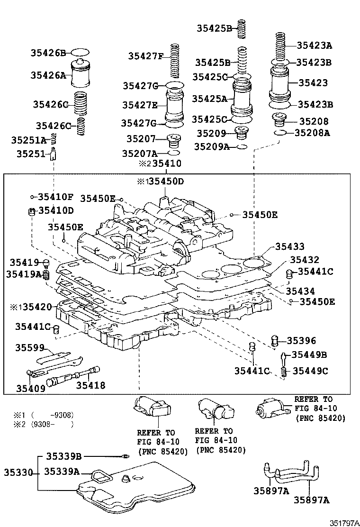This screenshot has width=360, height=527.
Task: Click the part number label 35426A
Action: tap(48, 74)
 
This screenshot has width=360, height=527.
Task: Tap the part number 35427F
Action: tap(145, 56)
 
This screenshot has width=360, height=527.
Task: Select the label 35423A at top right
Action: tap(315, 45)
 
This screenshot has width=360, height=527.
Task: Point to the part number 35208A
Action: tap(312, 133)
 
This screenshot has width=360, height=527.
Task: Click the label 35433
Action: tap(289, 247)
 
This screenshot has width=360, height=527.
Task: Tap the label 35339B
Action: tap(63, 456)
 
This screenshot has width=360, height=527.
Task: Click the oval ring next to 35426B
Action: tap(80, 52)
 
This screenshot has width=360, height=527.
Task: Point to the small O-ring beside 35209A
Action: tap(242, 147)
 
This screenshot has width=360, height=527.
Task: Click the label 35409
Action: tap(31, 389)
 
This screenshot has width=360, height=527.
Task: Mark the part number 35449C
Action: tap(310, 371)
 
